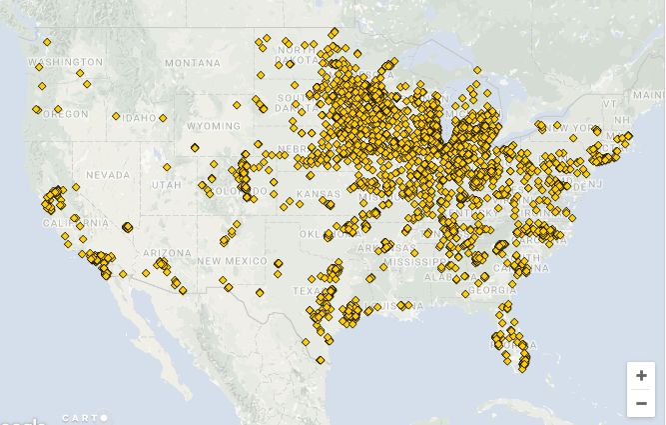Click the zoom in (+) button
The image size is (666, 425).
641,376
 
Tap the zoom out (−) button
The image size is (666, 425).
641,402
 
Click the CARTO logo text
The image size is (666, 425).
84,418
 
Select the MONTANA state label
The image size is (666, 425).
192,63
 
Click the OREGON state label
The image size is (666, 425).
67,114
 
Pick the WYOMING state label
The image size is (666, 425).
213,127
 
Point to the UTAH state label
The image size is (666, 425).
166,185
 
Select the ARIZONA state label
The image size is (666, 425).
159,253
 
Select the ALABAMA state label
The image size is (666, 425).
442,277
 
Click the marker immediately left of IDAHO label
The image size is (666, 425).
117,116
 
